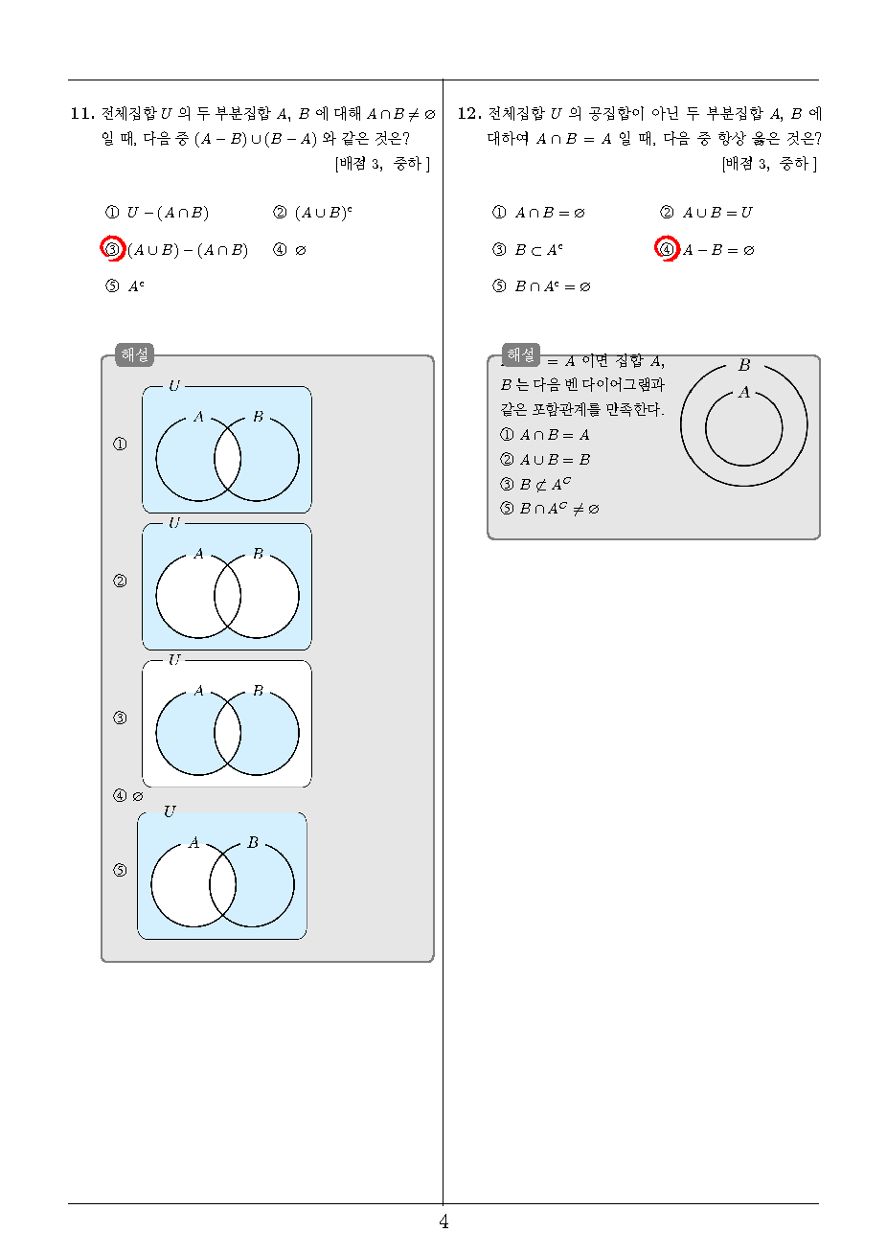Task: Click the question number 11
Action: tap(82, 114)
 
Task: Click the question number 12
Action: tap(469, 114)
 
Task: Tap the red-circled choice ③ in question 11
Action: tap(112, 249)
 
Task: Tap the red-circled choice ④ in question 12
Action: tap(667, 249)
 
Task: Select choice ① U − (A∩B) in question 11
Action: tap(157, 213)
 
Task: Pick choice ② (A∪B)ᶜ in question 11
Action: tap(312, 213)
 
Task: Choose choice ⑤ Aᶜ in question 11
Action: tap(125, 286)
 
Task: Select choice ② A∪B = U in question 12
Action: tap(706, 213)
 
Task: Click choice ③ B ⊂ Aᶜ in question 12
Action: tap(527, 249)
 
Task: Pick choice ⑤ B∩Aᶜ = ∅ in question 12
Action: tap(541, 286)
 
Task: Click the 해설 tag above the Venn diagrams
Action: tap(134, 354)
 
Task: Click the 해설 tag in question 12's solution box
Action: tap(521, 354)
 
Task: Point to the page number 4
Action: tap(443, 1221)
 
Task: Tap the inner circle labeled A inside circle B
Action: tap(705, 428)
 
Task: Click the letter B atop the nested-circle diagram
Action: tap(744, 365)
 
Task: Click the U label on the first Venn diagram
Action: tap(174, 386)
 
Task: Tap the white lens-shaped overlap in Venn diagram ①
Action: tap(227, 458)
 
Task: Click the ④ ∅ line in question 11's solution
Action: tap(128, 795)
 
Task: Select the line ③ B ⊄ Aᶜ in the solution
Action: tap(535, 484)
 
